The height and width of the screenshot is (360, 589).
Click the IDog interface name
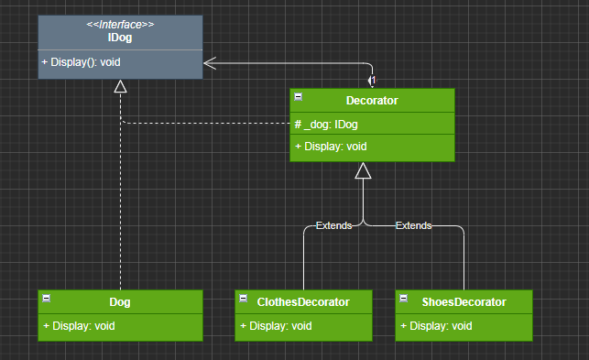(x=120, y=38)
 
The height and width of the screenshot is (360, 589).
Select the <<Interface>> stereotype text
(x=120, y=25)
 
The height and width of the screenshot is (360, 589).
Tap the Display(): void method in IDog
(x=81, y=62)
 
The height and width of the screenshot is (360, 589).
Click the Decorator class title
(x=372, y=101)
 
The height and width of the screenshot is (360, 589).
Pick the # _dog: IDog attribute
(x=326, y=125)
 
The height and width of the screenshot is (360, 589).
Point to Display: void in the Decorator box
(x=331, y=147)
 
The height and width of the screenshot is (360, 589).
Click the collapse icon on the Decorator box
(x=299, y=97)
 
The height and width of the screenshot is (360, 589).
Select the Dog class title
(x=120, y=302)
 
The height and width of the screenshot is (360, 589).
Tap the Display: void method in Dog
(x=79, y=326)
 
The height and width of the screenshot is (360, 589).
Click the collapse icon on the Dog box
(x=46, y=299)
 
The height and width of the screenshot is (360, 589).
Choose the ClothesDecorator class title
(x=303, y=302)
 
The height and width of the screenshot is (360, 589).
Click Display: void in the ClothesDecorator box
(x=276, y=326)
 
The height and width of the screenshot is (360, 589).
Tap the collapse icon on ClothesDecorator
(x=244, y=299)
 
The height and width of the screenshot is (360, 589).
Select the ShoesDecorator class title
(x=464, y=302)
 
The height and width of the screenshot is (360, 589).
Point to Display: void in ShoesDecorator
(x=436, y=326)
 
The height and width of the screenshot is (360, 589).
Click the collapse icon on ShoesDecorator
(x=403, y=299)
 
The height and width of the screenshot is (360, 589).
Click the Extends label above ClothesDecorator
(x=334, y=225)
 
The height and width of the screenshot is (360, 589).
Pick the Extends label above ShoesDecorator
(x=413, y=225)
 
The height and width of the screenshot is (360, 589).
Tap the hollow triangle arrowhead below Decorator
(x=363, y=170)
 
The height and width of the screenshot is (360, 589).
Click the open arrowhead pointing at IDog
(x=210, y=63)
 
